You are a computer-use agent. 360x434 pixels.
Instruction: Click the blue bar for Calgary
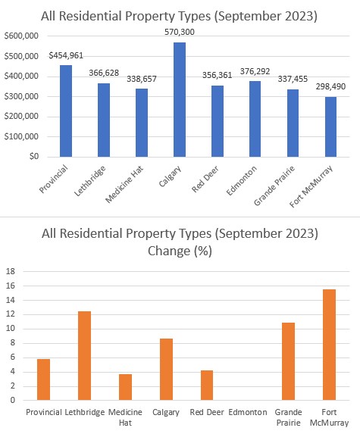[180, 100]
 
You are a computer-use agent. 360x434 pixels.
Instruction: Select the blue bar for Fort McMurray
[330, 127]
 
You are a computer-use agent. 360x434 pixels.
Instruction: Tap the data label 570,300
[180, 32]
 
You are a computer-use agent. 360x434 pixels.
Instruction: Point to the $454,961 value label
[66, 55]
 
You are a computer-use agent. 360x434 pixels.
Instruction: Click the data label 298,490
[330, 86]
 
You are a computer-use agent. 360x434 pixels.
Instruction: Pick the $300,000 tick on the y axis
[21, 97]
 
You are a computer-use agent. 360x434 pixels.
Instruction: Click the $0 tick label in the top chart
[34, 156]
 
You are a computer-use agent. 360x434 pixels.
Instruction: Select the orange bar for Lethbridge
[84, 356]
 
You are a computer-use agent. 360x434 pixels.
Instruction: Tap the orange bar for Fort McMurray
[329, 345]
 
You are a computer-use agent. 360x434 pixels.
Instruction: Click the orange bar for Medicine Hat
[126, 387]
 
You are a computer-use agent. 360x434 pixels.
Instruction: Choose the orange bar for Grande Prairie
[288, 361]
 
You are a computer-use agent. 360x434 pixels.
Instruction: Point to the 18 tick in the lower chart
[11, 271]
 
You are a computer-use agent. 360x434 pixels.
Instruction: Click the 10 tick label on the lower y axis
[11, 329]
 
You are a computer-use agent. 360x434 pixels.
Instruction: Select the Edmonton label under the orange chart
[248, 412]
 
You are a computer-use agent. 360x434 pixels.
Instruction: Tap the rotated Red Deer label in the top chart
[205, 179]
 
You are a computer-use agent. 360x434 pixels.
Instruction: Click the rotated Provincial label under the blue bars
[53, 179]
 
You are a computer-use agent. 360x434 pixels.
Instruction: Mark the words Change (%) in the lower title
[180, 251]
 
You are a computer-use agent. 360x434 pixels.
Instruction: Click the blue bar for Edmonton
[255, 119]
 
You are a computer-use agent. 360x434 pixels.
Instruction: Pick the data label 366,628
[104, 73]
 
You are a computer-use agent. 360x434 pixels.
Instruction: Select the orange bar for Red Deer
[207, 386]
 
